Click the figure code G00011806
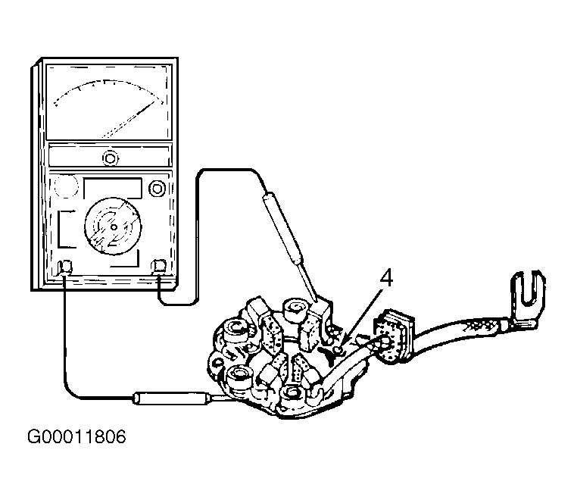point(76,436)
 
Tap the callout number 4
point(386,278)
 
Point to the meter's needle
point(129,119)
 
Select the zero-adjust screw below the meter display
point(110,158)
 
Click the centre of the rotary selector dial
point(113,227)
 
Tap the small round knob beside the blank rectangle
point(157,189)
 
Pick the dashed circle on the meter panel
point(66,186)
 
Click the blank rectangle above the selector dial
point(113,188)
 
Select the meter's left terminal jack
point(66,267)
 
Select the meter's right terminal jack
point(159,266)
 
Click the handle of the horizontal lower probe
point(171,398)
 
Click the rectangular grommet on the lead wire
point(394,335)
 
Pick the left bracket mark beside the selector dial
point(67,229)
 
